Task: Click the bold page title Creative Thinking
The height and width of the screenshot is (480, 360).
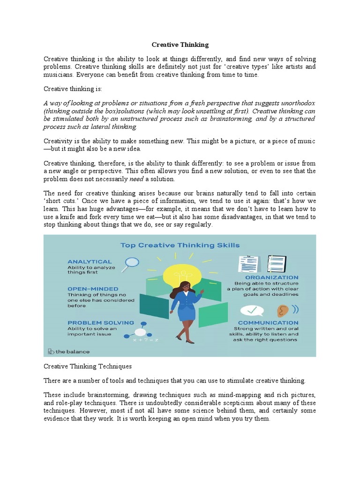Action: coord(180,45)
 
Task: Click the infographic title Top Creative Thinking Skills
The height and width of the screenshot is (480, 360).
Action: coord(180,245)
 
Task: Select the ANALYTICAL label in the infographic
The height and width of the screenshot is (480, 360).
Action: coord(90,261)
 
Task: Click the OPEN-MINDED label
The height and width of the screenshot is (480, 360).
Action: coord(93,289)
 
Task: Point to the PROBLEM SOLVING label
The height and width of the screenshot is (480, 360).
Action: coord(100,322)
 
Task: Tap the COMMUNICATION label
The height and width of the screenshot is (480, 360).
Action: coord(268,322)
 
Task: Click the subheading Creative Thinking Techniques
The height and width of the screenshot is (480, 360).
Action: coord(88,366)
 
